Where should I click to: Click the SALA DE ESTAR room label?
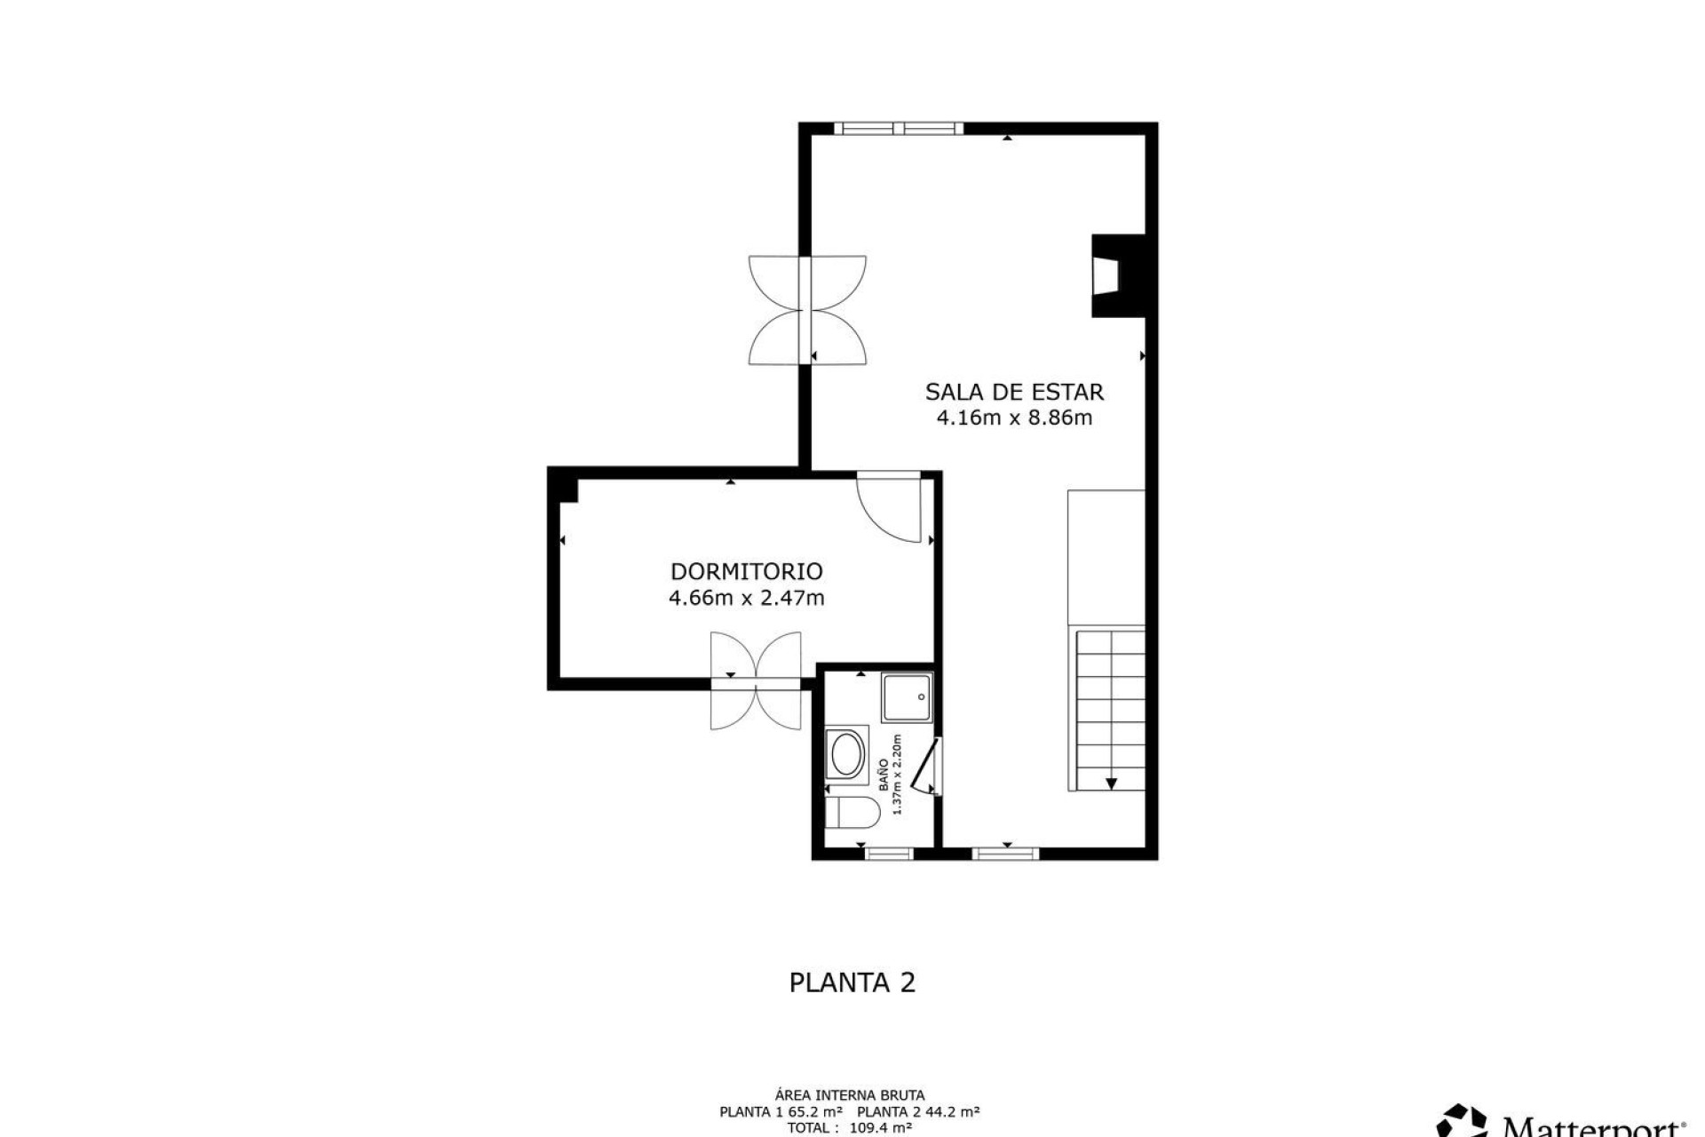[1014, 392]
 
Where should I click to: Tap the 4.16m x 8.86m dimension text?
[1014, 417]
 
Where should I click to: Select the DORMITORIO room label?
[746, 571]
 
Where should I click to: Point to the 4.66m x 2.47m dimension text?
[746, 598]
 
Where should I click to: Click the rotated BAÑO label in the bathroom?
[884, 775]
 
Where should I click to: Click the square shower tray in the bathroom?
[907, 697]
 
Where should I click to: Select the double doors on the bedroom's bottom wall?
[756, 681]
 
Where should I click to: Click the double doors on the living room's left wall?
[806, 310]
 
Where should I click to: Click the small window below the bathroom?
[889, 854]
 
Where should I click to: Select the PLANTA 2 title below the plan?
[852, 982]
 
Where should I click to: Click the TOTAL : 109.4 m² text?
[849, 1128]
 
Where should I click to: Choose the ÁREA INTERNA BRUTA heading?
[849, 1095]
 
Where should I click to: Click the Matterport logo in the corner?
[1563, 1122]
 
